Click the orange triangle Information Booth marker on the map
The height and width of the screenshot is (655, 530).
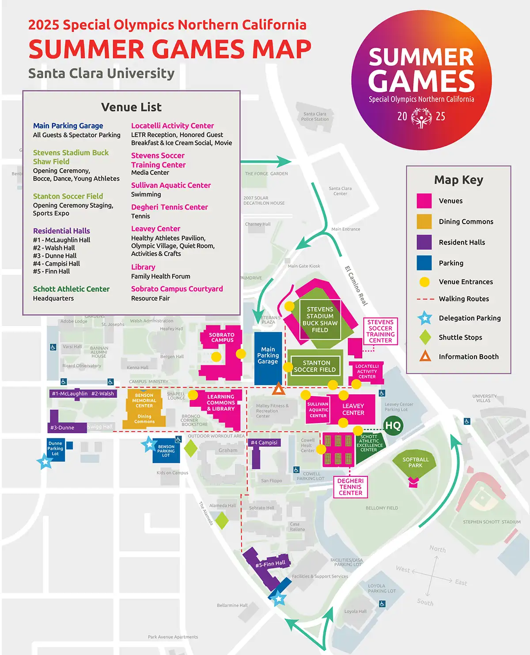pyautogui.click(x=278, y=389)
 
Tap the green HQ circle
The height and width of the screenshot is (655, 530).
pyautogui.click(x=393, y=426)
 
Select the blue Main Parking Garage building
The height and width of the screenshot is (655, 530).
pyautogui.click(x=268, y=358)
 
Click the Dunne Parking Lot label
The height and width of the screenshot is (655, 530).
pyautogui.click(x=55, y=449)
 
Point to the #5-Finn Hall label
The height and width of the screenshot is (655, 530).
pyautogui.click(x=270, y=564)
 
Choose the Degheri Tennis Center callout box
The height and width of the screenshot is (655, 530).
pyautogui.click(x=351, y=487)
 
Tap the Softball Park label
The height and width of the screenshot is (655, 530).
pyautogui.click(x=415, y=462)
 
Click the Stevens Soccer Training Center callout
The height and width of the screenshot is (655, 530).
pyautogui.click(x=380, y=331)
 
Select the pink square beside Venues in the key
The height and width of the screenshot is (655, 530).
pyautogui.click(x=424, y=201)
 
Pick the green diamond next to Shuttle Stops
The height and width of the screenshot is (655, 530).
pyautogui.click(x=425, y=337)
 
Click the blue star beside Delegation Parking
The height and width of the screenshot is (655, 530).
pyautogui.click(x=425, y=318)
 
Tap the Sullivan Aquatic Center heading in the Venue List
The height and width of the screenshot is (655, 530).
pyautogui.click(x=171, y=185)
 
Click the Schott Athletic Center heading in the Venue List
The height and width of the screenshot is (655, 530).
pyautogui.click(x=71, y=289)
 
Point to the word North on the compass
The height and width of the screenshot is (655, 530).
pyautogui.click(x=438, y=549)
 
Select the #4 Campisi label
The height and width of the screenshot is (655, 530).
pyautogui.click(x=264, y=443)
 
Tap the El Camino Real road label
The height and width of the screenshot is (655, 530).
pyautogui.click(x=356, y=285)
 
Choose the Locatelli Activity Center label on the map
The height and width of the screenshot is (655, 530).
pyautogui.click(x=367, y=371)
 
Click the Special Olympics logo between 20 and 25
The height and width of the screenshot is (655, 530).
pyautogui.click(x=421, y=117)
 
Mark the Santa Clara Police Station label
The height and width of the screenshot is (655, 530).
pyautogui.click(x=315, y=116)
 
